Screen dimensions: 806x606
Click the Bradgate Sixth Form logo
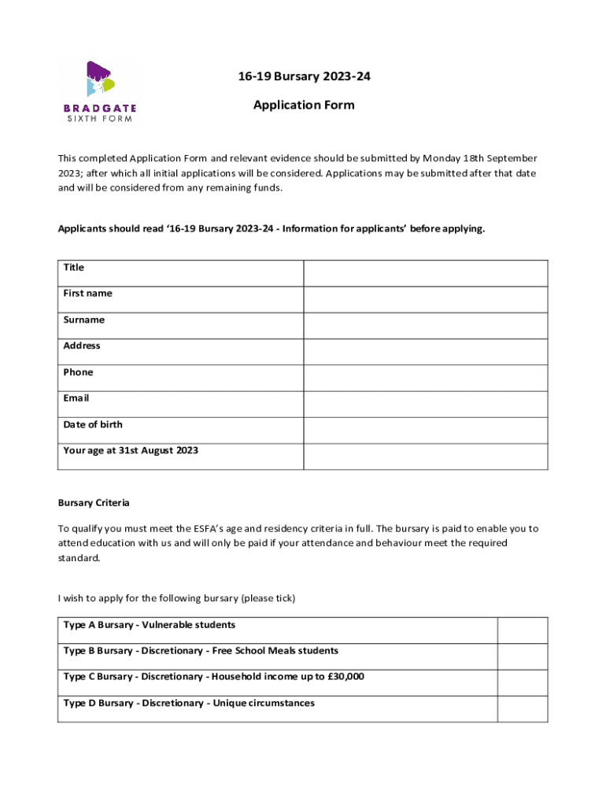tap(99, 91)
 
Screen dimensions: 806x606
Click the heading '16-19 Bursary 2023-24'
tap(304, 76)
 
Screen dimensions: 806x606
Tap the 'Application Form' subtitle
tap(304, 105)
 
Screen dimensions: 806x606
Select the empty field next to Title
tap(425, 273)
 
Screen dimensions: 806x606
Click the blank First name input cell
tap(425, 299)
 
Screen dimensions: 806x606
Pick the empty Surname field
tap(425, 326)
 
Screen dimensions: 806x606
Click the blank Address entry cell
tap(425, 352)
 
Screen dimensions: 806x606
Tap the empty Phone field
tap(425, 378)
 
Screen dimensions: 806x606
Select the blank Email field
tap(425, 404)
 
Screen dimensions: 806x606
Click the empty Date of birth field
tap(425, 430)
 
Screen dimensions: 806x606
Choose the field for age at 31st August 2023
tap(425, 457)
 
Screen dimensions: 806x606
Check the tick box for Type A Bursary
tap(523, 630)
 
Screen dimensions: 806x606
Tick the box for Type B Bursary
tap(523, 656)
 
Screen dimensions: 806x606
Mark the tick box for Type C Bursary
tap(523, 682)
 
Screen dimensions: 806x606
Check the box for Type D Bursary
tap(523, 708)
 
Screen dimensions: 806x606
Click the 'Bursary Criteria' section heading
tap(94, 502)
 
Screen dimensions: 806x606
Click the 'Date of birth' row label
tap(93, 424)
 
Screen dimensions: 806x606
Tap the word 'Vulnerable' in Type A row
tap(168, 625)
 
